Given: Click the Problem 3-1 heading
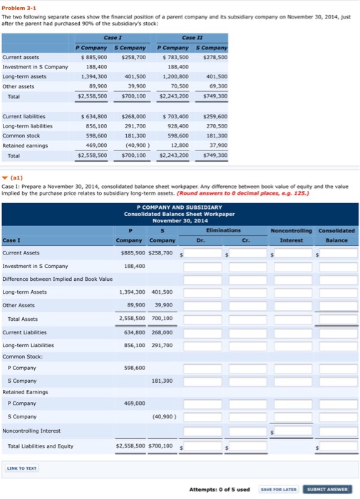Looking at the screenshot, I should point(19,5).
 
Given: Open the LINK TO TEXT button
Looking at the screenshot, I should point(21,468).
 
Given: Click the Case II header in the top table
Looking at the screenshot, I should point(192,37).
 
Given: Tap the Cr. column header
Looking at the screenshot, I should point(246,240).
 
